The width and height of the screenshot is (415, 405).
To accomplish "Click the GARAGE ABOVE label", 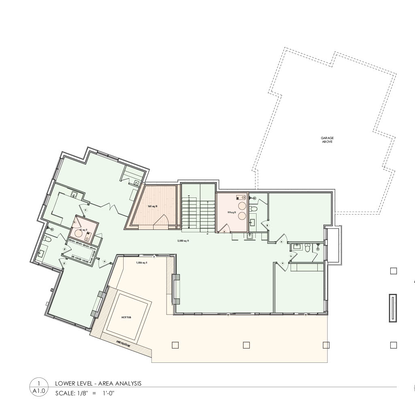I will pyautogui.click(x=327, y=140).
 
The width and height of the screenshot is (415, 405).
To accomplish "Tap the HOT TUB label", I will pyautogui.click(x=126, y=317).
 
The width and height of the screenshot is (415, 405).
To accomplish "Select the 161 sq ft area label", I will pyautogui.click(x=152, y=206).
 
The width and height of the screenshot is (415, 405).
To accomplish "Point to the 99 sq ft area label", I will pyautogui.click(x=231, y=212).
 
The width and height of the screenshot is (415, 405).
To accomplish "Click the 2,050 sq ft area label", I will pyautogui.click(x=183, y=241).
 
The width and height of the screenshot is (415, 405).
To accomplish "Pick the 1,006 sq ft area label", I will pyautogui.click(x=141, y=263).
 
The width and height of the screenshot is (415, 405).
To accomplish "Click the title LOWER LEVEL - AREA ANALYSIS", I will pyautogui.click(x=98, y=383).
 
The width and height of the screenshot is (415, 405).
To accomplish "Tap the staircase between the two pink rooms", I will pyautogui.click(x=198, y=214).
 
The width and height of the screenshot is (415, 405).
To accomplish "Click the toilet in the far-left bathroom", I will pyautogui.click(x=47, y=239).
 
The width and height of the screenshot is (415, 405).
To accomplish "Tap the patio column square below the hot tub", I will pyautogui.click(x=175, y=345).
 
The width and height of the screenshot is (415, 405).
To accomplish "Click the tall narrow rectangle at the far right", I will pyautogui.click(x=393, y=308).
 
